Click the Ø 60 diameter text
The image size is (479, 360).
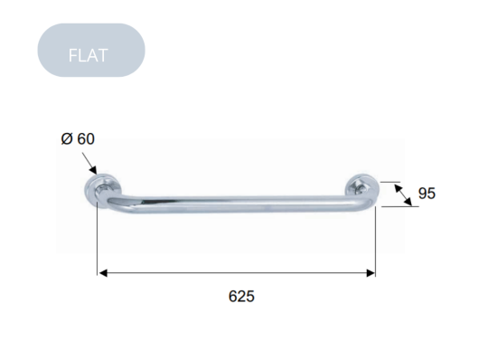point(78,139)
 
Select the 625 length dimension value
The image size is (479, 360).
point(241,295)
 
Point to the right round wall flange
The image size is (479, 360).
point(360,190)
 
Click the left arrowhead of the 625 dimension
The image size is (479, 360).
point(103,272)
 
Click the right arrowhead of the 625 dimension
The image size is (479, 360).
point(371,272)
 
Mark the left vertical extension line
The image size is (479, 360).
point(98,240)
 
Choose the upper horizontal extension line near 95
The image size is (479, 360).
point(389,182)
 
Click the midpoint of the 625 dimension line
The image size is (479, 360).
point(237,272)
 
